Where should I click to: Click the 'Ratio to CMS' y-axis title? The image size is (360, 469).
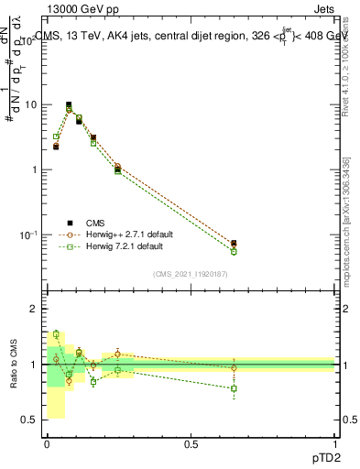[x=14, y=365]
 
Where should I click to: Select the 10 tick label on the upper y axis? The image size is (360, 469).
[x=31, y=105]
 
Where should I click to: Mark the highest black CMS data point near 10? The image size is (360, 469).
[x=69, y=104]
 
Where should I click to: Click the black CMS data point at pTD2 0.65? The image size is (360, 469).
[x=234, y=244]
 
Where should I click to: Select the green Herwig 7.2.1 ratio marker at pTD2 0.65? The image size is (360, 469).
[x=234, y=388]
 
